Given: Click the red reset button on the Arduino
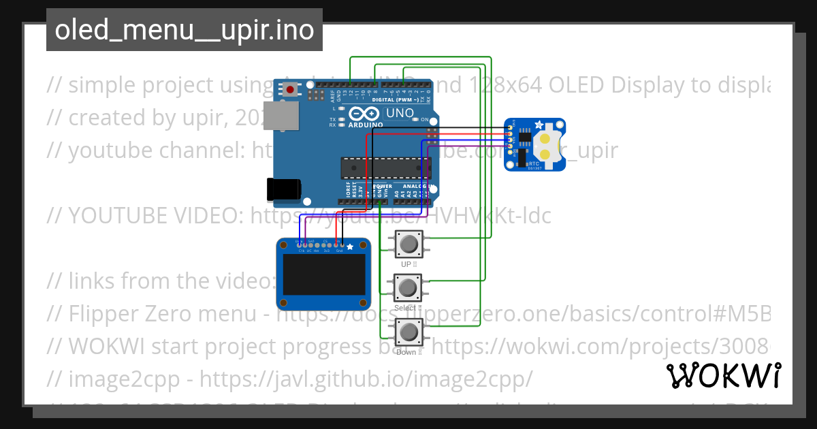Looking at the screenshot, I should coord(291,89).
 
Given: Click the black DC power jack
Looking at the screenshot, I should coord(284,189).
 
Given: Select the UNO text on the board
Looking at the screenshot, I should coord(399,113).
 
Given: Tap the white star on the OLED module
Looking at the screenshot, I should coord(351,247).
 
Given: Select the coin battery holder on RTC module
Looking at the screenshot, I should coord(548,144).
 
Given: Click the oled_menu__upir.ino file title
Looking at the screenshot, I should coord(184,30).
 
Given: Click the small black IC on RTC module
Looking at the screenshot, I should coord(525,138).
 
